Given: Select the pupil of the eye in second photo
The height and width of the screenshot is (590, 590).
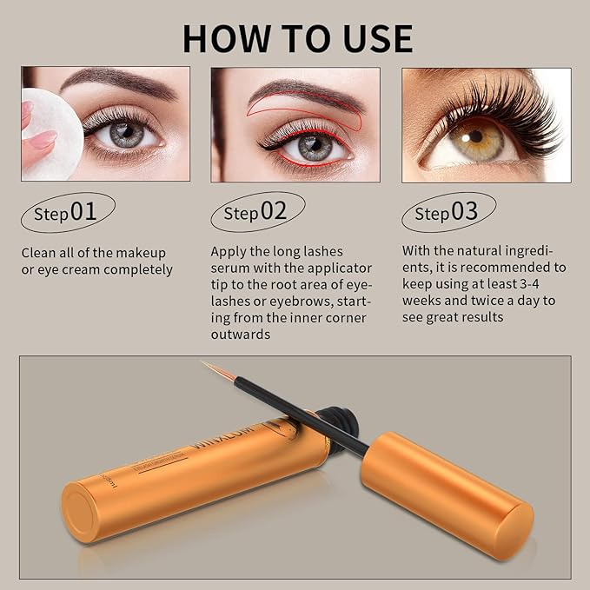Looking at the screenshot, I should click(315, 146).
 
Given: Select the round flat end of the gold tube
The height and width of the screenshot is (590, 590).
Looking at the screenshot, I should click(84, 514).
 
